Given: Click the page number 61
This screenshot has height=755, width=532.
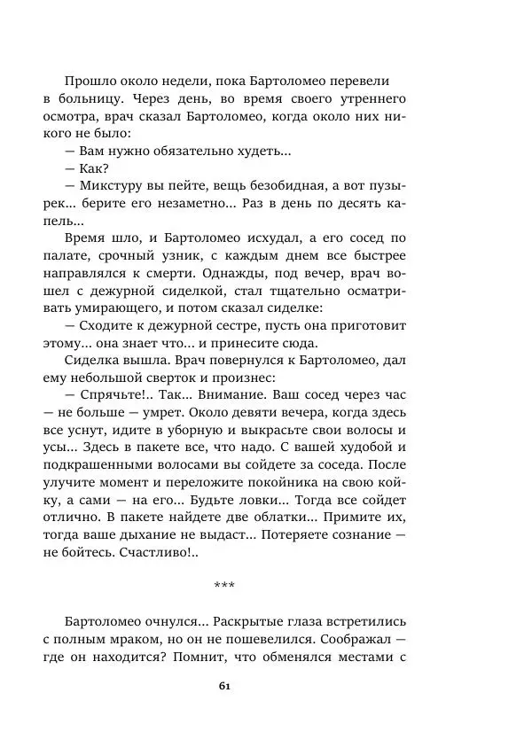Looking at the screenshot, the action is point(223,686).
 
